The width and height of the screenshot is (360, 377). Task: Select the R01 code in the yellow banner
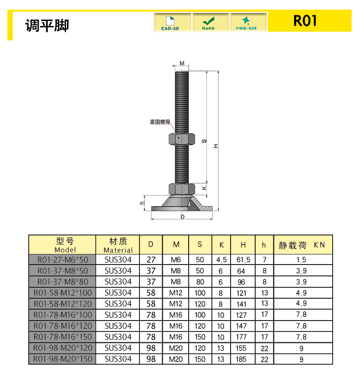click(305, 21)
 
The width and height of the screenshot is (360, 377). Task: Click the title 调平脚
click(47, 25)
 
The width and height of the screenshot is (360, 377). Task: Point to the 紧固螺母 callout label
click(160, 122)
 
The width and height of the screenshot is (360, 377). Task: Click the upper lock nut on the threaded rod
click(182, 139)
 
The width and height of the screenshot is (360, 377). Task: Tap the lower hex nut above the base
click(182, 189)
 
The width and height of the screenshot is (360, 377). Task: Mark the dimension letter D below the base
click(182, 217)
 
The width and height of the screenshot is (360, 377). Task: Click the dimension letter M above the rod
click(182, 63)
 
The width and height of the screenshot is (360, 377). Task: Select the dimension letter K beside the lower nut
click(204, 188)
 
